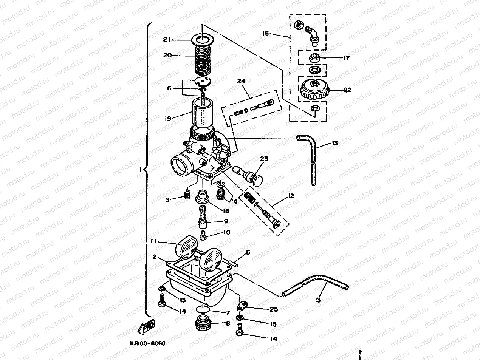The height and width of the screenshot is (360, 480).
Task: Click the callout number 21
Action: point(168,39)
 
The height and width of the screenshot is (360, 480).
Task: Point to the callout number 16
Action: point(265,34)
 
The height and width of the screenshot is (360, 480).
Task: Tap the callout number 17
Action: point(346,58)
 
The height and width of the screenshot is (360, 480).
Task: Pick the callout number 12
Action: point(291,196)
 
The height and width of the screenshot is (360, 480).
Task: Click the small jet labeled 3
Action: point(186,195)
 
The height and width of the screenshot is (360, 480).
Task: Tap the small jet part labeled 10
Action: point(203,236)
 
